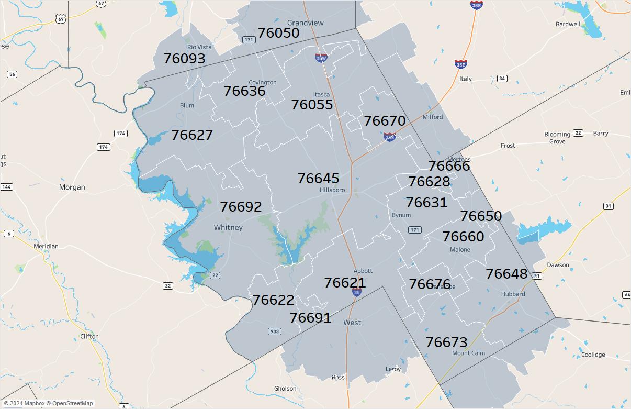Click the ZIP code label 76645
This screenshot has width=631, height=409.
click(x=318, y=179)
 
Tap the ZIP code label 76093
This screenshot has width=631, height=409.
click(x=184, y=59)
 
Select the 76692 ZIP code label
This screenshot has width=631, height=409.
click(x=241, y=207)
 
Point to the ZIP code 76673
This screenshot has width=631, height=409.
click(x=446, y=342)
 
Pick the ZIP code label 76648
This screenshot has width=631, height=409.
click(x=506, y=274)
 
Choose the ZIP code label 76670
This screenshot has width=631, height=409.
click(x=385, y=121)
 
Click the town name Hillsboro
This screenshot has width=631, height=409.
click(x=332, y=190)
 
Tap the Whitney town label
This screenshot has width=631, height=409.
click(x=228, y=228)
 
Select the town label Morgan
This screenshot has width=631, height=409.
click(x=72, y=187)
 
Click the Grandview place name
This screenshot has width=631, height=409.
click(x=306, y=23)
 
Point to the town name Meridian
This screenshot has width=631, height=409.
click(x=46, y=246)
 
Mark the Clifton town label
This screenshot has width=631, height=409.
click(x=89, y=337)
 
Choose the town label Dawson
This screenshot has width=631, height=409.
click(x=558, y=265)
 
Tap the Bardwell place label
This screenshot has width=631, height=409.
click(x=568, y=24)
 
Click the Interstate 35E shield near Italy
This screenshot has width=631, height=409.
click(x=460, y=64)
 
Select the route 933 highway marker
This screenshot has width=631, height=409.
click(x=275, y=331)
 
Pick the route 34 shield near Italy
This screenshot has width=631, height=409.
click(x=502, y=79)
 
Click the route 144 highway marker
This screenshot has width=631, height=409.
click(x=7, y=187)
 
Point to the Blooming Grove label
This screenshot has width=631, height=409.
click(x=557, y=138)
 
